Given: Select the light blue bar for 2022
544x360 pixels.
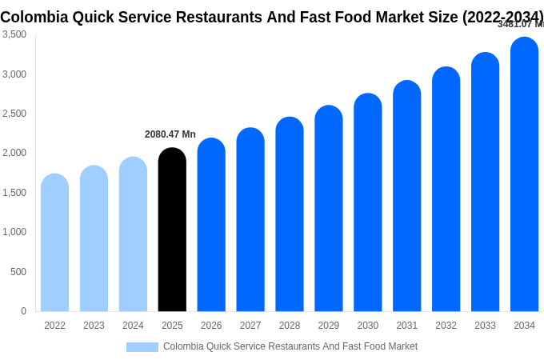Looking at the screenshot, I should point(54,243).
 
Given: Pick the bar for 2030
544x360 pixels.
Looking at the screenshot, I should point(367,203).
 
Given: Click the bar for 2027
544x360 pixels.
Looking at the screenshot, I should point(250,220).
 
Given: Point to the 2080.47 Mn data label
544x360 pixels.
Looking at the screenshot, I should point(170,134).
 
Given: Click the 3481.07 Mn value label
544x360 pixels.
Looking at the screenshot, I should point(520,24).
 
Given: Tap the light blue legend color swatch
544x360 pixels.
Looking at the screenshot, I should point(142,347).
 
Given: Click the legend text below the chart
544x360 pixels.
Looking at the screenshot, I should point(290,346).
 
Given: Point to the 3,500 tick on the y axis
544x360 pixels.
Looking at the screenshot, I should point(14,34).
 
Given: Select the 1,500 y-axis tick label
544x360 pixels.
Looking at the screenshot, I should point(14,193).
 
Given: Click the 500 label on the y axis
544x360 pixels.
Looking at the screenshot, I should point(18,272).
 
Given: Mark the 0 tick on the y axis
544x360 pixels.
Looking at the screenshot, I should point(23,311).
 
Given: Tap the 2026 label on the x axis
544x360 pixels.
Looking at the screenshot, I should point(211,326).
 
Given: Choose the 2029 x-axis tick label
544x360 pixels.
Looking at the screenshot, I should point(329,326).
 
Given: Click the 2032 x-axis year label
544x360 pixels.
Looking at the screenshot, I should point(446,326).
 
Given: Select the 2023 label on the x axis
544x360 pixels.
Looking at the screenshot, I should point(94,326).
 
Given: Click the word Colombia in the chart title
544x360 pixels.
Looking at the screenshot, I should point(33,16).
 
